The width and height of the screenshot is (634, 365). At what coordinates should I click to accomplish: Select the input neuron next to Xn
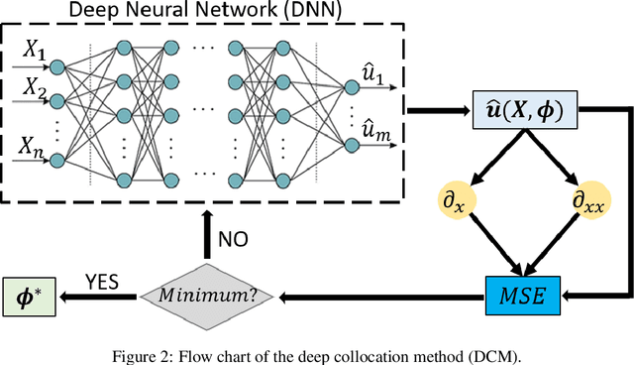(58, 160)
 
